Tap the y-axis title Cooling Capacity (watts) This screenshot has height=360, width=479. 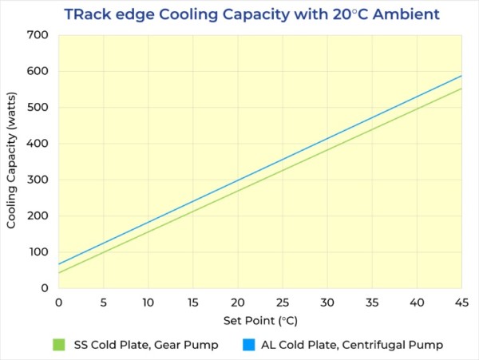pos(12,161)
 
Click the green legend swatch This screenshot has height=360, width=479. pos(57,345)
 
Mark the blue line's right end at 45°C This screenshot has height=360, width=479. pos(461,76)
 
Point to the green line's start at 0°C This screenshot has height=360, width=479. pos(59,273)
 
